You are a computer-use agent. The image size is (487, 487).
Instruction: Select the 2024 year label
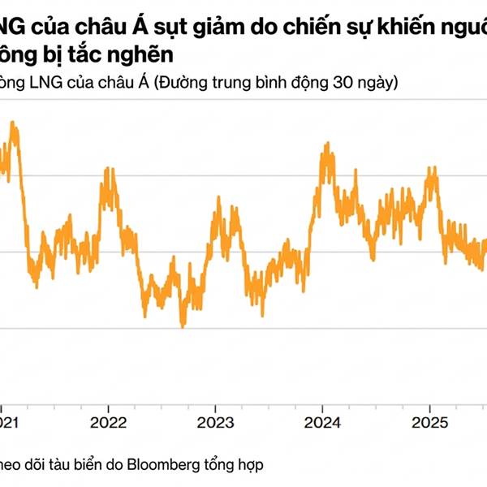(x=323, y=423)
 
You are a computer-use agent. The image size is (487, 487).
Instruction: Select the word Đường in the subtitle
(x=183, y=84)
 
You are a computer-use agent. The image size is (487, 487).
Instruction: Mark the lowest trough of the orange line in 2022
(x=183, y=325)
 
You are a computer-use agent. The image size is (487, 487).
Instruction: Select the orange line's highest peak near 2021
(x=13, y=124)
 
